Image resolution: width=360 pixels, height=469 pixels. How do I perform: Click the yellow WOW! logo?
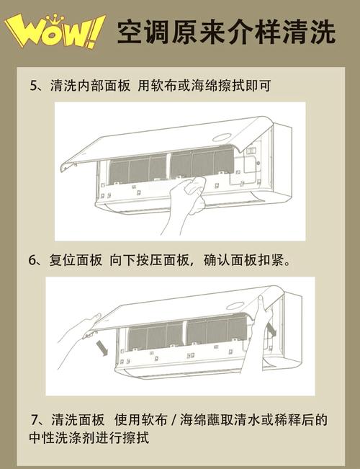pos(55,30)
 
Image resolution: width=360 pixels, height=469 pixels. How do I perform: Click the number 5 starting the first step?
pos(33,86)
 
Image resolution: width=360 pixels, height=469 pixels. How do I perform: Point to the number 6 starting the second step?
pos(32,260)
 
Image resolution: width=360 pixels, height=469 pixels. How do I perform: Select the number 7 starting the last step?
pos(35,420)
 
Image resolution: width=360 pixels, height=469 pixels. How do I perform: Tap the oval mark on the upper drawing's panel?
pos(222,138)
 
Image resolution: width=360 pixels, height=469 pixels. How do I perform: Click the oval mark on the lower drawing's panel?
pos(235,305)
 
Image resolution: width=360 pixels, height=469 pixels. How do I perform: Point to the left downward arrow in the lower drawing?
pos(102,349)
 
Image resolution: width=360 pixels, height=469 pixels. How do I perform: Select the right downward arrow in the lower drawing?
pos(271,329)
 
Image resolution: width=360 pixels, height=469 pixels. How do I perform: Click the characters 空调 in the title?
pos(143,32)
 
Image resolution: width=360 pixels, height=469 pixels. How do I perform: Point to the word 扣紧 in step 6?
pos(271,260)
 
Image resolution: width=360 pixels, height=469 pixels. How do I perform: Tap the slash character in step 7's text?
pos(174,420)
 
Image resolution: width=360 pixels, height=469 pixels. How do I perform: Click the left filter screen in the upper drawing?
pos(138,169)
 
